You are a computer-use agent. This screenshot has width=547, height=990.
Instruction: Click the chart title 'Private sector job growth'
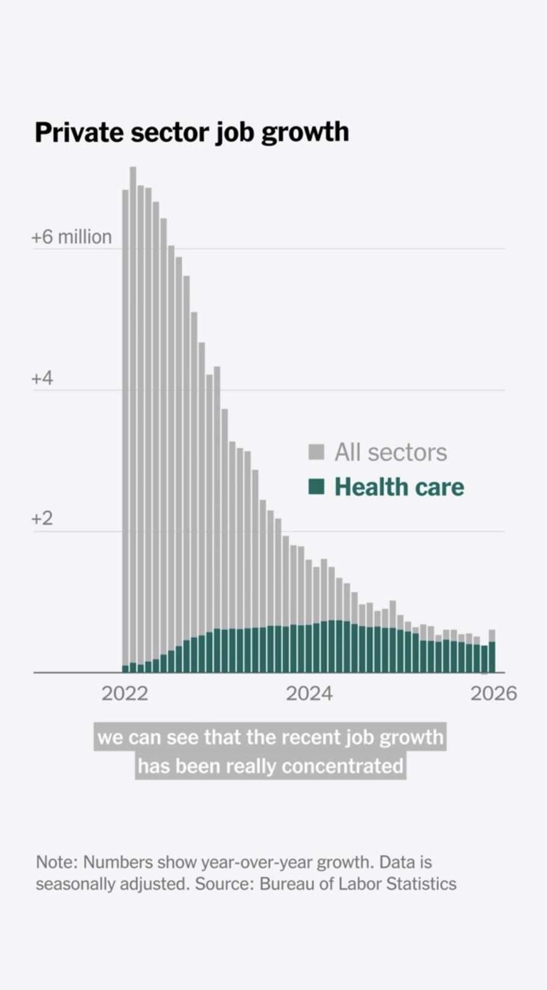point(191,132)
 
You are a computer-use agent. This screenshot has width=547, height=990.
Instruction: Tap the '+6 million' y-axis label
point(72,237)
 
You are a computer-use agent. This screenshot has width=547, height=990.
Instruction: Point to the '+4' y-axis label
point(42,378)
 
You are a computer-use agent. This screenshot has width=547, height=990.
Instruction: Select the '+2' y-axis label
point(42,519)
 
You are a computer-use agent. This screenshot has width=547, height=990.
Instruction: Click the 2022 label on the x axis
point(125,694)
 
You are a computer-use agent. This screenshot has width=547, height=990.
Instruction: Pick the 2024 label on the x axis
point(309,694)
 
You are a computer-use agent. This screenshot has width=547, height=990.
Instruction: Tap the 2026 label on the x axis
point(493,694)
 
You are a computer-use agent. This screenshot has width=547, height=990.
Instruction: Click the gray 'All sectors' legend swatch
point(316,452)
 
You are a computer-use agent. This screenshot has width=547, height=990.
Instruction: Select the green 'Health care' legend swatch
point(316,487)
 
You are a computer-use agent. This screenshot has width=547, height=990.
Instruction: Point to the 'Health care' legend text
point(399,487)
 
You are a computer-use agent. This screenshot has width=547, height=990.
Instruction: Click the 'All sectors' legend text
point(391,452)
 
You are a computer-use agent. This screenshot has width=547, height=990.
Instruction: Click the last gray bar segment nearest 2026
point(492,635)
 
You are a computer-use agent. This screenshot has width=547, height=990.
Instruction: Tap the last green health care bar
point(492,657)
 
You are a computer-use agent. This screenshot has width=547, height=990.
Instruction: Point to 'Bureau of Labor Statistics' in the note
point(358,884)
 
